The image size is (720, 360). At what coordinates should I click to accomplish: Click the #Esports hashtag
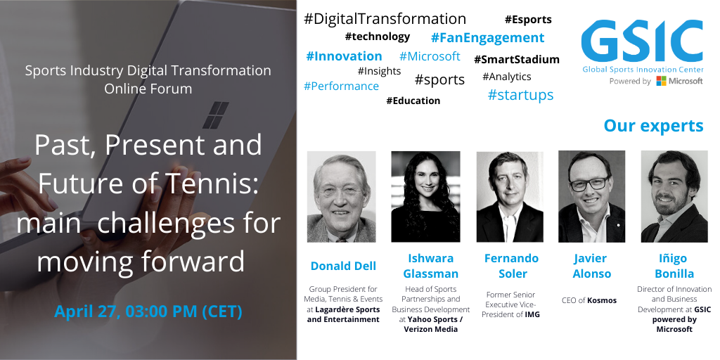tap(528, 20)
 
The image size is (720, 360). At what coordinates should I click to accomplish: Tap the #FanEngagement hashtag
tap(488, 38)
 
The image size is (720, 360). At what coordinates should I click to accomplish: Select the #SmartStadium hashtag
tap(517, 60)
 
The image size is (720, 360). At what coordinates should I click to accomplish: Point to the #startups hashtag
tap(521, 95)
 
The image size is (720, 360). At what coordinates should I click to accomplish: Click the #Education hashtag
tap(413, 101)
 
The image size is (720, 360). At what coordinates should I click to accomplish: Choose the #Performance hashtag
tap(341, 86)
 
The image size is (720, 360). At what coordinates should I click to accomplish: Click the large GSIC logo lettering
tap(642, 41)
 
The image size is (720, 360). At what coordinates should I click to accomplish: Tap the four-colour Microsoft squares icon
tap(661, 81)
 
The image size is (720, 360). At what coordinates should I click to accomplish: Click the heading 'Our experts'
tap(653, 125)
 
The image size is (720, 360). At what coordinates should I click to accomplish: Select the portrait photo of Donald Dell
tap(342, 197)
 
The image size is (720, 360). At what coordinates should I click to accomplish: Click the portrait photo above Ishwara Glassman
tap(425, 197)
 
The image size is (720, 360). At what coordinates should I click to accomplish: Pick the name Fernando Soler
tap(512, 266)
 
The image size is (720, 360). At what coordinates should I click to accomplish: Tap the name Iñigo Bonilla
tap(674, 266)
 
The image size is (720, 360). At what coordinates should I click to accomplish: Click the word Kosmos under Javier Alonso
tap(602, 300)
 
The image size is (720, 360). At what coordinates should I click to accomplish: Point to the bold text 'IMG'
tap(532, 314)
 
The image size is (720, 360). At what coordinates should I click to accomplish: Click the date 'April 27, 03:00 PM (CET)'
tap(148, 311)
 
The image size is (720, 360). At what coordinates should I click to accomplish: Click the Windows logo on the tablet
tap(216, 115)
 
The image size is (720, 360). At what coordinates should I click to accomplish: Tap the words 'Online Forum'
tap(148, 88)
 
